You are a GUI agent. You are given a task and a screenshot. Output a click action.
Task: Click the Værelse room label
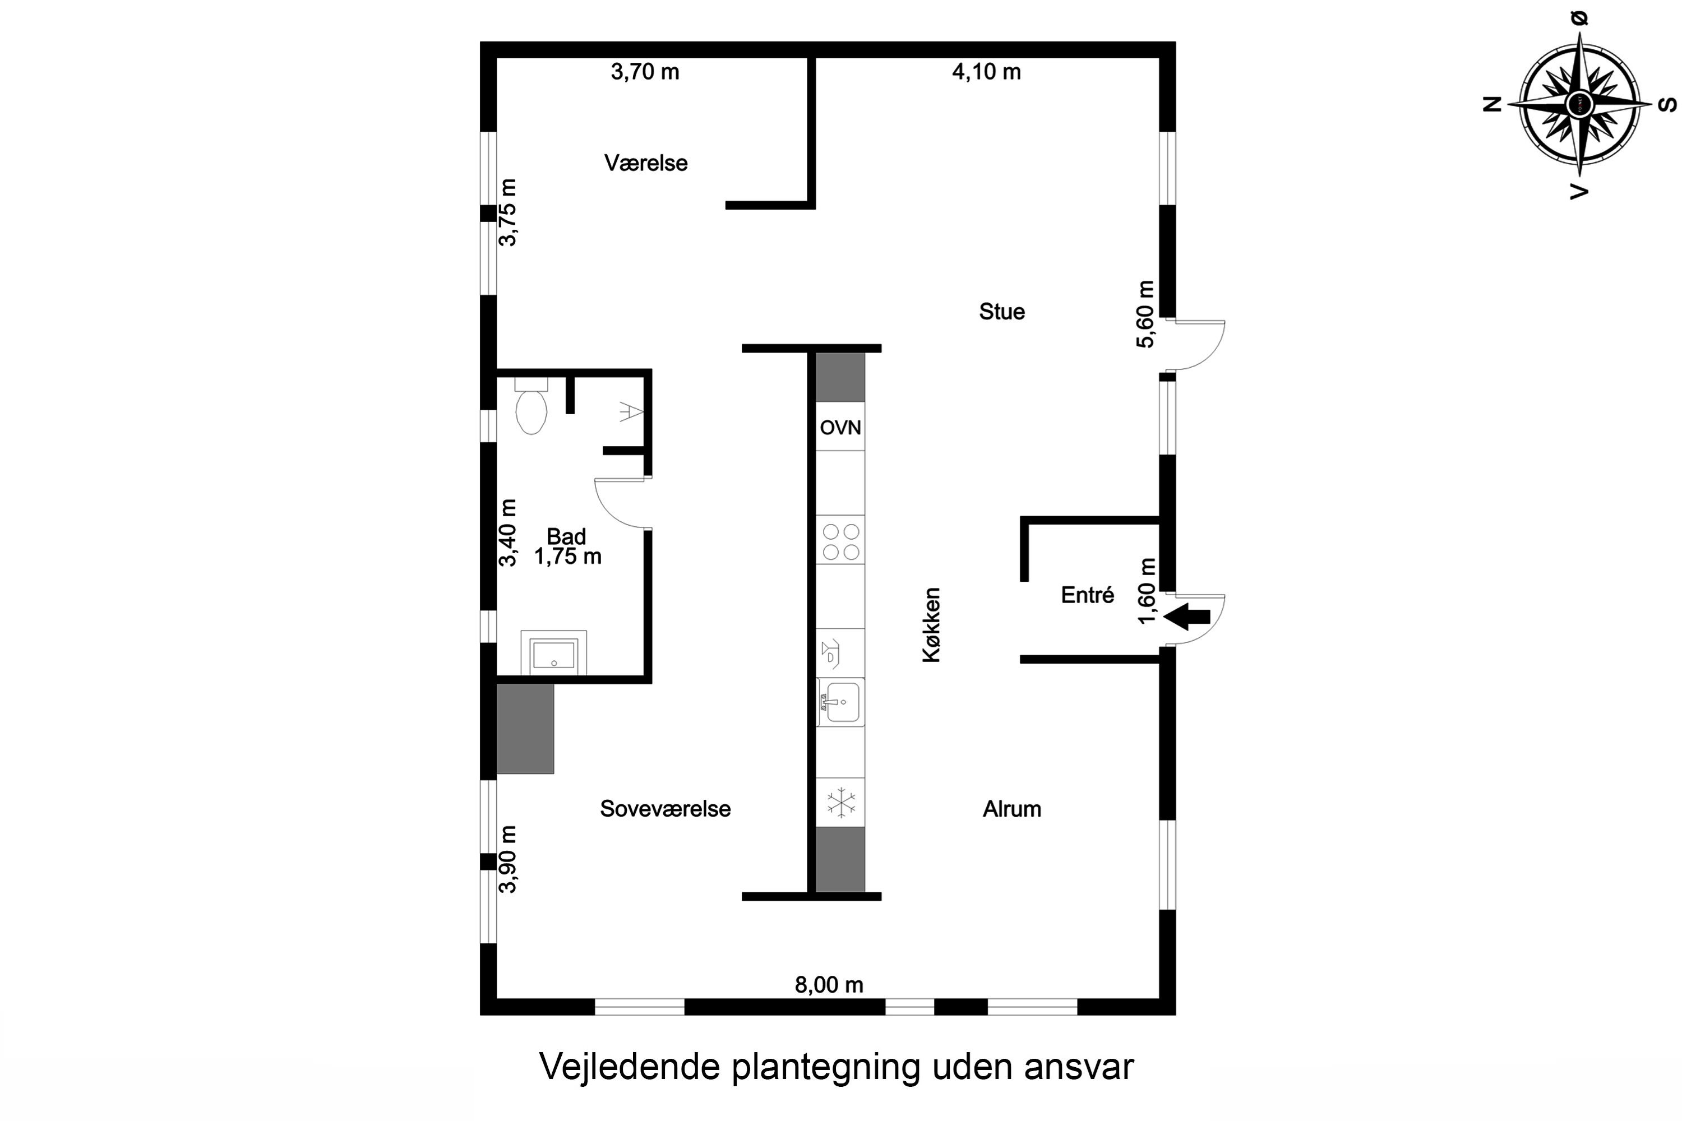pos(646,163)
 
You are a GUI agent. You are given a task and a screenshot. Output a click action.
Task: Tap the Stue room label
pos(1001,312)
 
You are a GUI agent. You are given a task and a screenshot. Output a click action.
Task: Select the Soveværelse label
pos(665,809)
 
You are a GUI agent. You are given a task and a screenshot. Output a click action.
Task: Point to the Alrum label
pos(1011,809)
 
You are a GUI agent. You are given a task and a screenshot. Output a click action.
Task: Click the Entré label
pos(1087,595)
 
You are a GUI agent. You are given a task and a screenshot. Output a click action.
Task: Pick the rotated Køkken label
pos(931,625)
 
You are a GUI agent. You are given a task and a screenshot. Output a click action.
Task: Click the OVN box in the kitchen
pos(840,428)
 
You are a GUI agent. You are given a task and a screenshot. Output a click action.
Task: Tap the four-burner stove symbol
pos(840,541)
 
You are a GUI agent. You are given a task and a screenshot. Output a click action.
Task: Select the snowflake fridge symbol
pos(841,802)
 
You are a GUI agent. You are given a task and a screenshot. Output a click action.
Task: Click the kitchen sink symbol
pos(841,702)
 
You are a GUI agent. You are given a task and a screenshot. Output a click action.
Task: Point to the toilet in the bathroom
pos(532,409)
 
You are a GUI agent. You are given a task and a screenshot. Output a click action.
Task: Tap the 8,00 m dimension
pos(829,985)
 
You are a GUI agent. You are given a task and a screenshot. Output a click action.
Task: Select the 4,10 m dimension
pos(986,72)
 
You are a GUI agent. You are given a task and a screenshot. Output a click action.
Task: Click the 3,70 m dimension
pos(644,72)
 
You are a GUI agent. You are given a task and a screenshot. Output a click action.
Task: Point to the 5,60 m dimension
pos(1145,314)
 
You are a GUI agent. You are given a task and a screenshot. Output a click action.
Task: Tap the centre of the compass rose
pos(1579,104)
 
